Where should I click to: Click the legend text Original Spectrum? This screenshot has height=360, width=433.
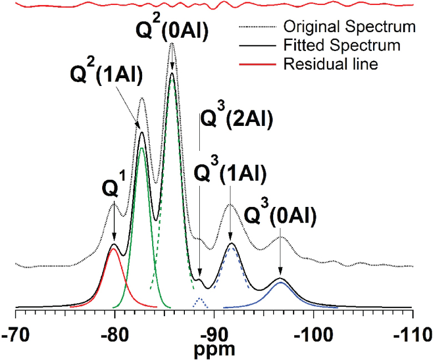click(349, 26)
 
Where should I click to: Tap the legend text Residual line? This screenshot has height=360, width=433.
click(330, 64)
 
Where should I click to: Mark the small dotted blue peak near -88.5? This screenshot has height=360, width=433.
click(200, 299)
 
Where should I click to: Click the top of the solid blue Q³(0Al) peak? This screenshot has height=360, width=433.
click(280, 282)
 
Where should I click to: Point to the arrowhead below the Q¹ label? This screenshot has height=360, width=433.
click(114, 238)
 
